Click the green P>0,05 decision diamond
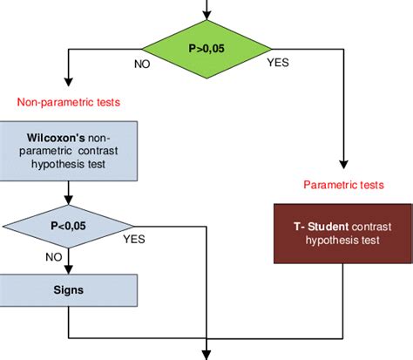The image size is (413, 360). pyautogui.click(x=206, y=50)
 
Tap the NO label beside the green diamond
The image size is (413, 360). pyautogui.click(x=144, y=65)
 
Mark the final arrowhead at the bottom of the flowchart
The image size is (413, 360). pyautogui.click(x=206, y=353)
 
